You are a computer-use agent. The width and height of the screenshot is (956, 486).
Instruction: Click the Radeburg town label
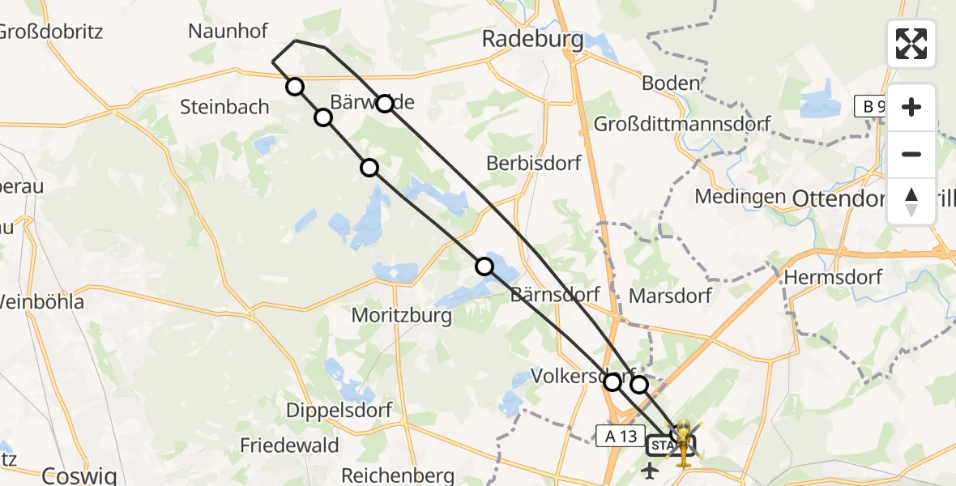click(x=532, y=39)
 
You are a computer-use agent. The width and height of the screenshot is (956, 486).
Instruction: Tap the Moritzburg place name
click(x=402, y=315)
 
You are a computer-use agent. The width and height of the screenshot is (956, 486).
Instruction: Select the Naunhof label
click(x=216, y=32)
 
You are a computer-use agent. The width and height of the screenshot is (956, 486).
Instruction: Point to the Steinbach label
click(x=224, y=106)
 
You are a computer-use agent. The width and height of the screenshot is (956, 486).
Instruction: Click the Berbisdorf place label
click(x=534, y=163)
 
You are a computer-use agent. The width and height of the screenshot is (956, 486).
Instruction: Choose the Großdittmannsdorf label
click(x=682, y=124)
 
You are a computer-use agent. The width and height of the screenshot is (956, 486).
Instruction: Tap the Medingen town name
click(x=740, y=197)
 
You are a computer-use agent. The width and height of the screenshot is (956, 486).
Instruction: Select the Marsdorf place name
click(x=669, y=295)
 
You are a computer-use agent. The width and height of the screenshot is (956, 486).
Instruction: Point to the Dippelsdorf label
click(x=339, y=410)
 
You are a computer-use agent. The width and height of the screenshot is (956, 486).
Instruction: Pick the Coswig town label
click(x=79, y=475)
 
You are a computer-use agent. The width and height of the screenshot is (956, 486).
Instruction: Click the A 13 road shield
click(x=621, y=436)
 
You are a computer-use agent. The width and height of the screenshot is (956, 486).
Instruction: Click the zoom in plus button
click(x=911, y=107)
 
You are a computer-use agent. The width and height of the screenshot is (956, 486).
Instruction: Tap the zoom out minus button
click(x=911, y=154)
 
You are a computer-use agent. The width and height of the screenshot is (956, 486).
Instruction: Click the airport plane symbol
click(x=650, y=470)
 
